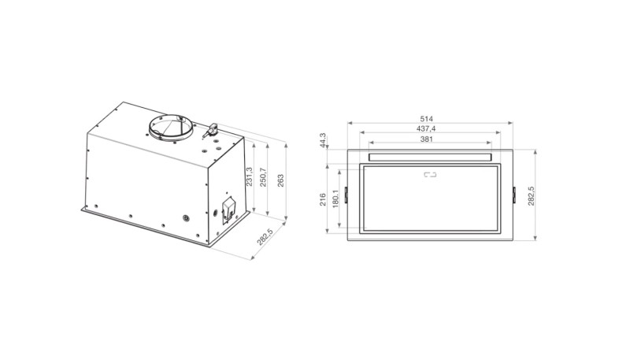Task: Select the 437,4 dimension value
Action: (428, 128)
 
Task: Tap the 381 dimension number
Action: (428, 139)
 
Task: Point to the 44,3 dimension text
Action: (323, 139)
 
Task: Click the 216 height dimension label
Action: (323, 198)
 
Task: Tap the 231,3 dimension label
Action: (250, 176)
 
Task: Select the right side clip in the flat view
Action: (514, 194)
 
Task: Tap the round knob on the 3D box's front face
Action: (187, 219)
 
